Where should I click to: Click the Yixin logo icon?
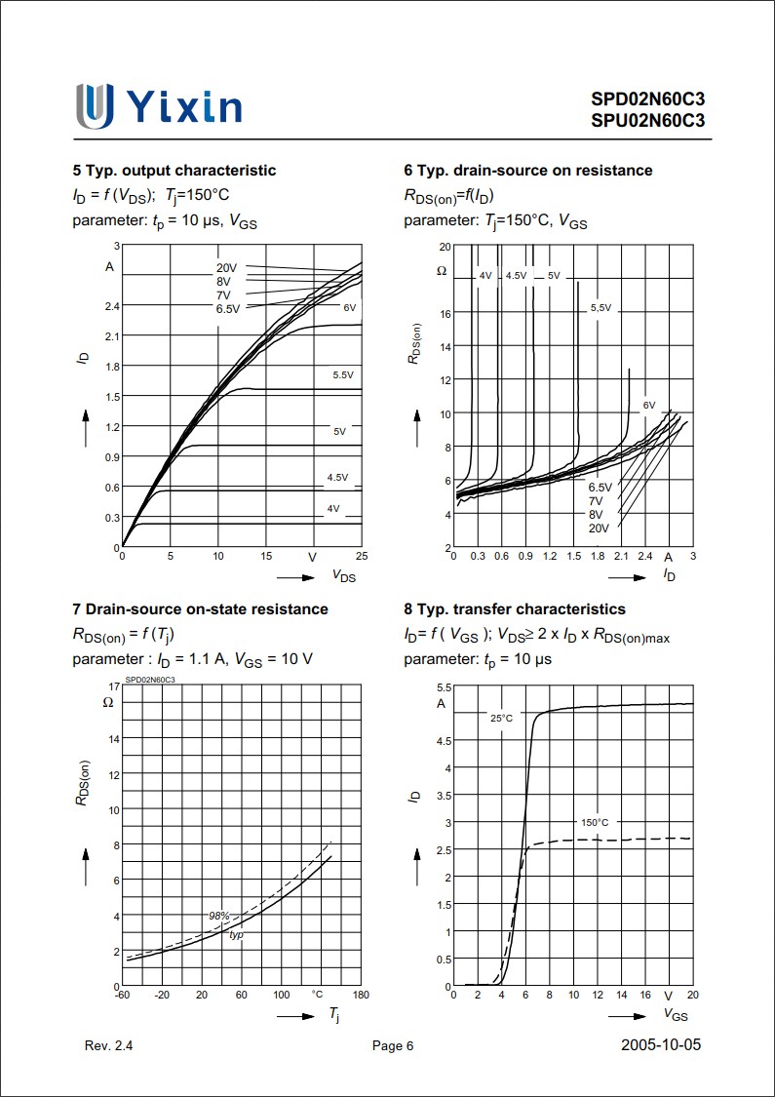(x=95, y=105)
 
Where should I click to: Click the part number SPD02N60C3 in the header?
(x=646, y=99)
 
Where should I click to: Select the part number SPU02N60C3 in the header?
(x=646, y=121)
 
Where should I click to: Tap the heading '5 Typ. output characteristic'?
(x=174, y=171)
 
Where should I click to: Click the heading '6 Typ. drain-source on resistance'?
(x=527, y=171)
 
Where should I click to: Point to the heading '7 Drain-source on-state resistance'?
(x=200, y=609)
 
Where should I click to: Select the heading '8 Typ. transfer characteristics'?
(x=514, y=609)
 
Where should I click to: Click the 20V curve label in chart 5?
(x=227, y=268)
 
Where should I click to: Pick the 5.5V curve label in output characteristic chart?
(x=343, y=375)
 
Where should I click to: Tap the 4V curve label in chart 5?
(x=333, y=509)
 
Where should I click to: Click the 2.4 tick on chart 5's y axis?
(x=110, y=306)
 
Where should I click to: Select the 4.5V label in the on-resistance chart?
(x=516, y=276)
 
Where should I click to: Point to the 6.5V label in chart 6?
(x=600, y=487)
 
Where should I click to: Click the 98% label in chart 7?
(x=218, y=916)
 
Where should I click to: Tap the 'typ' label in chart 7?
(x=236, y=935)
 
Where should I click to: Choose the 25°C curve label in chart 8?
(x=501, y=719)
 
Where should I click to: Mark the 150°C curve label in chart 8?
(x=596, y=822)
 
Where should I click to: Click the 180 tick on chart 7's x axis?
(x=360, y=995)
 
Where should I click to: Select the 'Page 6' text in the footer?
(x=393, y=1046)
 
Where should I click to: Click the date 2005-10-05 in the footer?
(x=660, y=1045)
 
